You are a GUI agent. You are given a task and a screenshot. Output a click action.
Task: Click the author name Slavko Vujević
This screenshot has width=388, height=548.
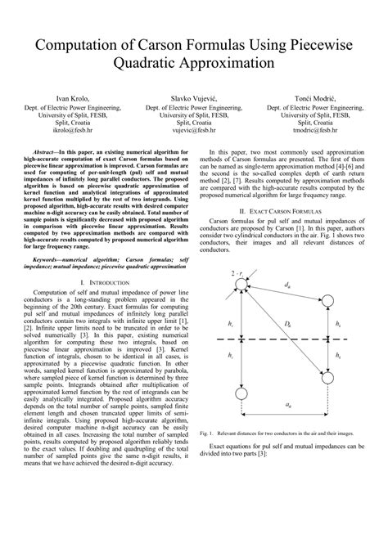click(x=194, y=97)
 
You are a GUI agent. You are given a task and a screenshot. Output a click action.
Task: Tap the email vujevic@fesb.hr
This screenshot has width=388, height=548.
click(x=194, y=129)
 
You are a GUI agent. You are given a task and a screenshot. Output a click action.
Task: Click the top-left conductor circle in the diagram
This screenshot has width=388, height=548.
click(x=241, y=283)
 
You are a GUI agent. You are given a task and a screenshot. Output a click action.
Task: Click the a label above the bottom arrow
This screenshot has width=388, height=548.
click(x=286, y=404)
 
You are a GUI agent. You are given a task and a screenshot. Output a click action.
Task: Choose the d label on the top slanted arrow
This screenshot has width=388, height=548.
click(x=286, y=285)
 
